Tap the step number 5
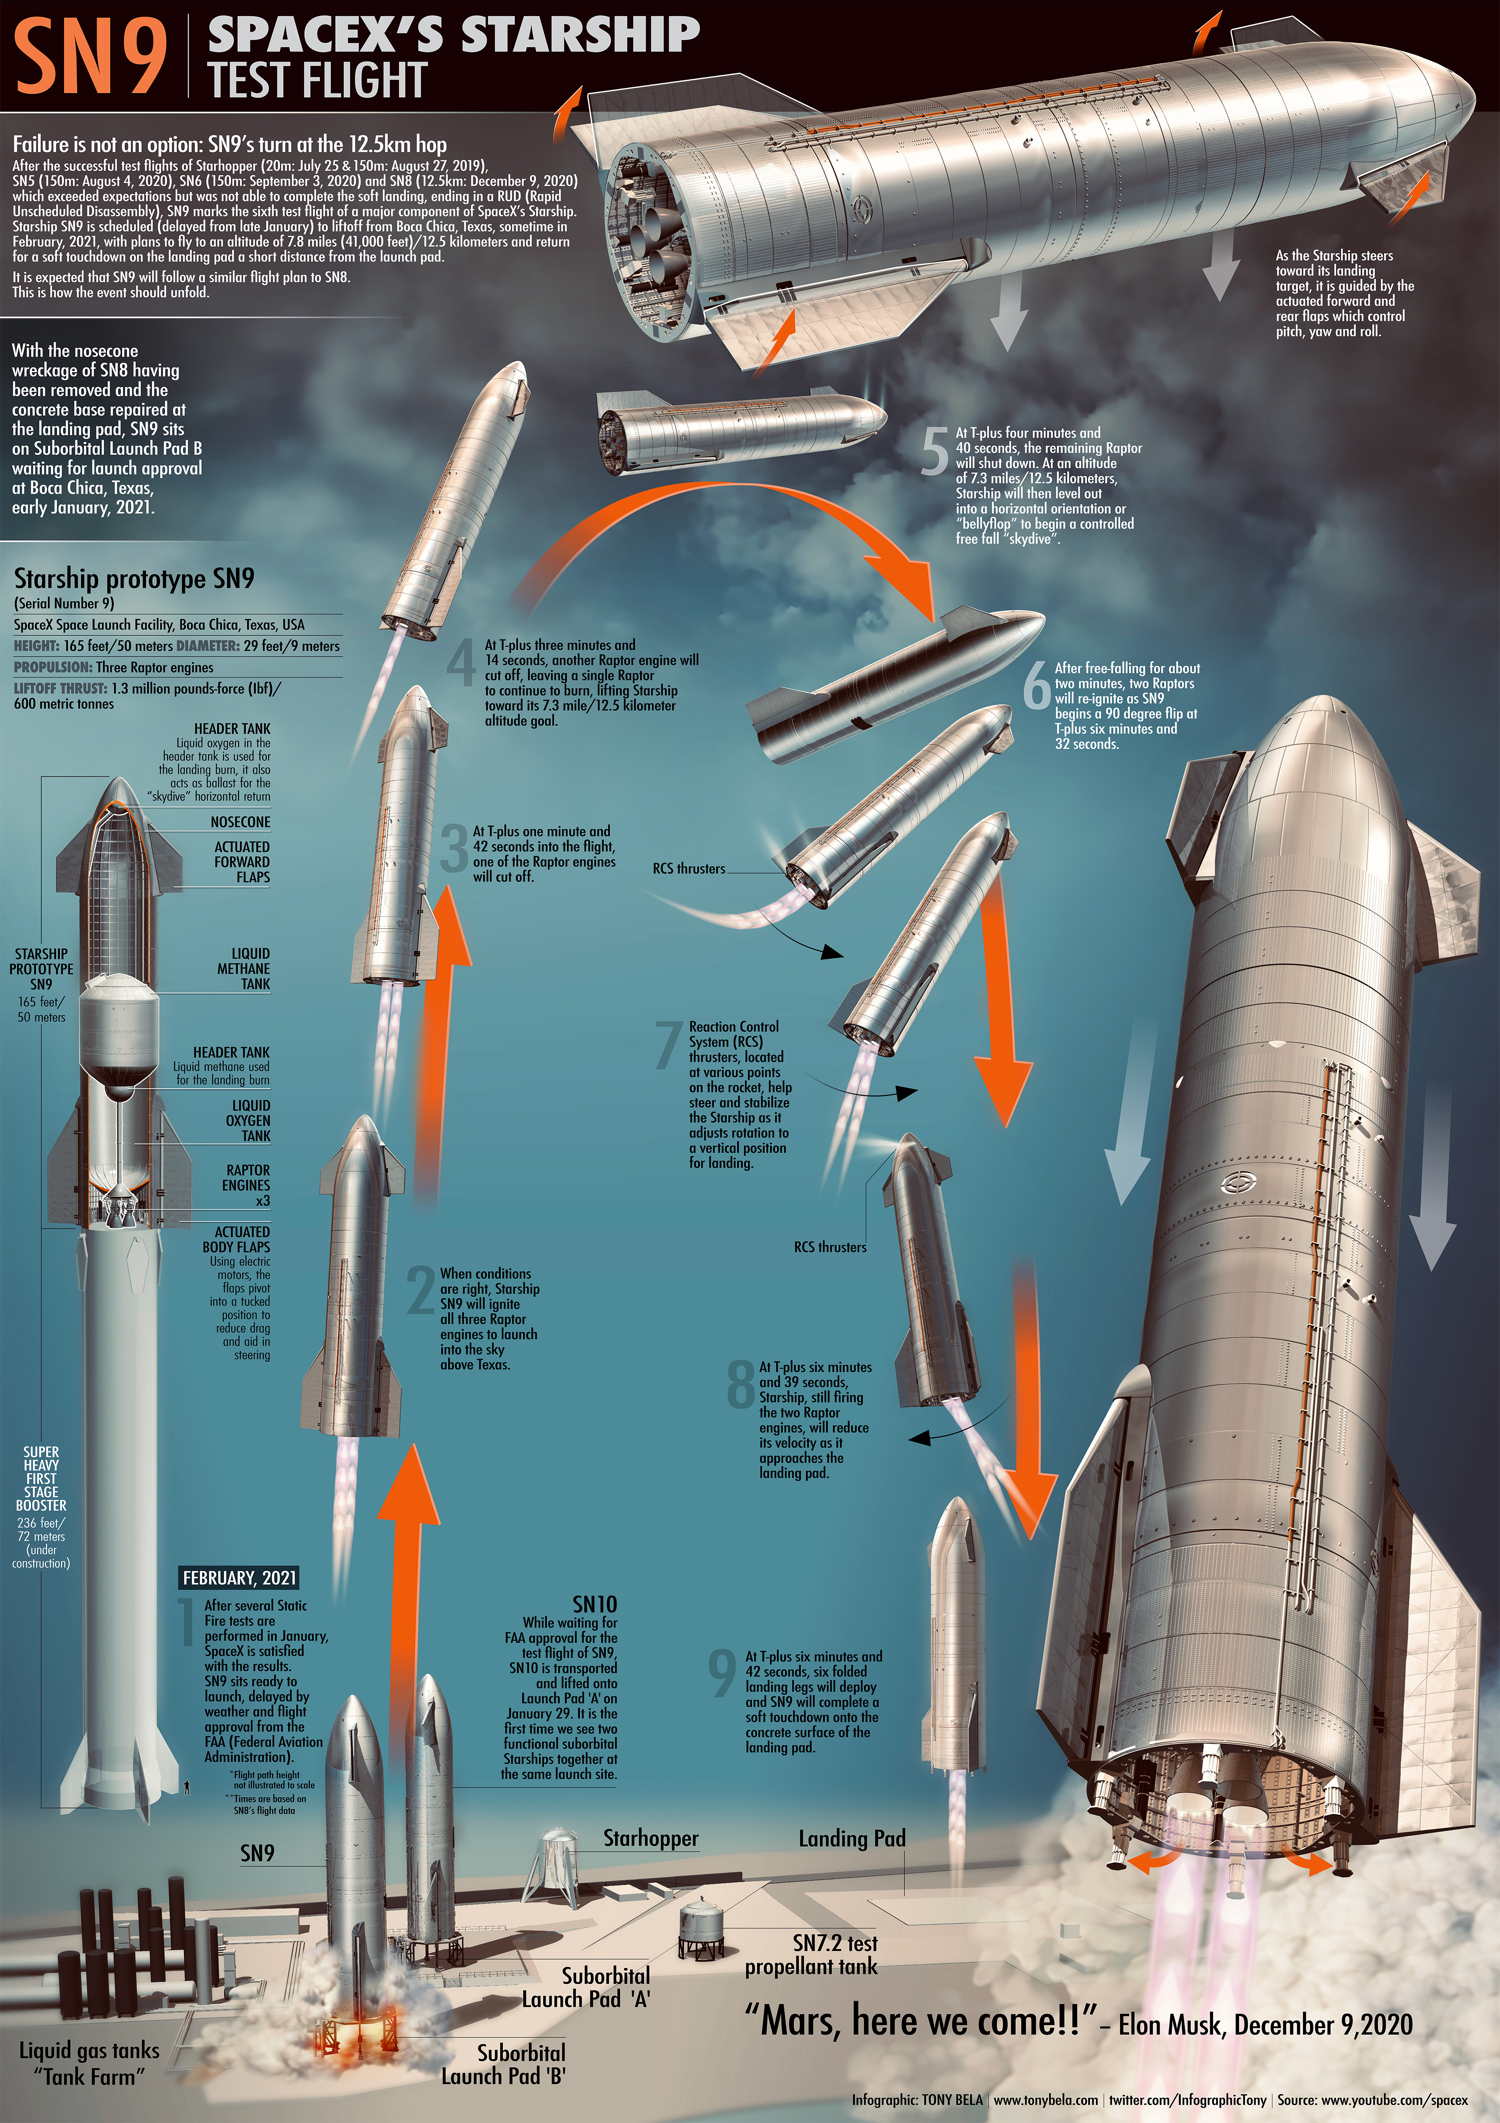click(x=935, y=452)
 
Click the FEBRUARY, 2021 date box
click(x=239, y=1578)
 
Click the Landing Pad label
click(x=852, y=1838)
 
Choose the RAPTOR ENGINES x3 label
click(x=246, y=1185)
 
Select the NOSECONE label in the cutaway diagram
click(x=240, y=822)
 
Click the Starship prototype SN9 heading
click(x=134, y=579)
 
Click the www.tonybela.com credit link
click(x=1046, y=2100)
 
